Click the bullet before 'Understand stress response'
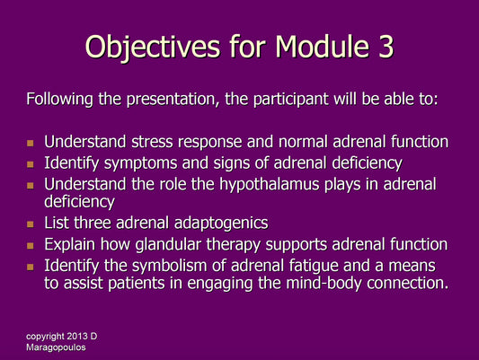[x=31, y=143]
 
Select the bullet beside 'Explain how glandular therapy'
[x=31, y=245]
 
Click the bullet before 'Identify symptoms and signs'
[x=31, y=163]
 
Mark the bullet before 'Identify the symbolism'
[x=31, y=266]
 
